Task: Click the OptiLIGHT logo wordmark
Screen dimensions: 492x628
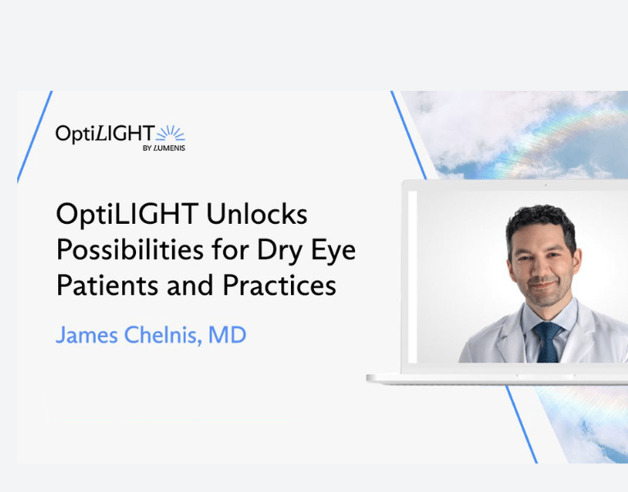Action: [x=104, y=134]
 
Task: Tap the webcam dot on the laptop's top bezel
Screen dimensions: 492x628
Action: [x=545, y=185]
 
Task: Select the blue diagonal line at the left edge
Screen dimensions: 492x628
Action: [x=34, y=135]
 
